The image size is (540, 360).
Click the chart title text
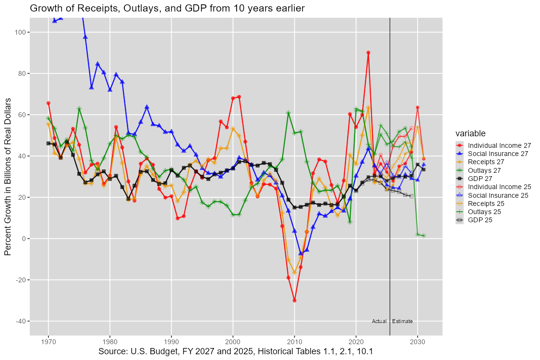tap(167, 8)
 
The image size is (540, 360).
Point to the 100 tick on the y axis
tap(21, 32)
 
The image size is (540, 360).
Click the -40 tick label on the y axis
tap(20, 321)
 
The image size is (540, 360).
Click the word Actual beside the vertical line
tap(379, 321)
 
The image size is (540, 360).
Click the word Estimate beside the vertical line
tap(402, 321)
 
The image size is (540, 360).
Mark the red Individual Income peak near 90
tap(368, 53)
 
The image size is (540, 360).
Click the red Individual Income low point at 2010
tap(294, 300)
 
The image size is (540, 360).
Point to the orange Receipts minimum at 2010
tap(294, 272)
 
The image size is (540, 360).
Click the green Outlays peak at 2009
tap(288, 113)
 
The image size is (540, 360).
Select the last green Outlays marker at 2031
tap(423, 236)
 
